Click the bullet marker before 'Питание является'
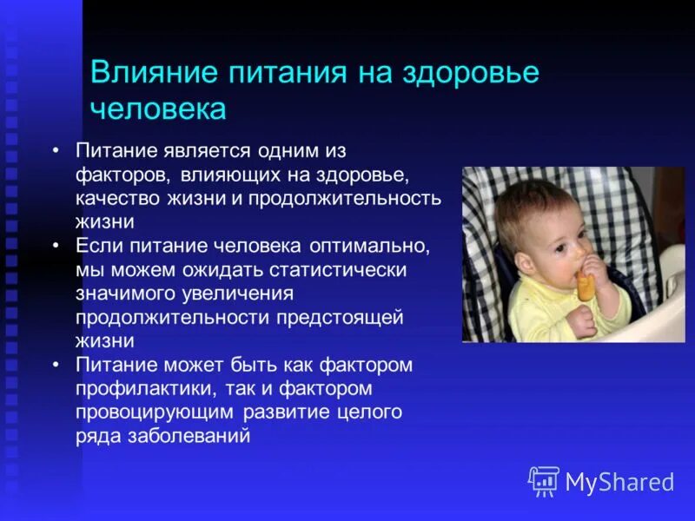56,150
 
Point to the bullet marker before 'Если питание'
56,246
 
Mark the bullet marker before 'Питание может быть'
56,365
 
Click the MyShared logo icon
544,481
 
